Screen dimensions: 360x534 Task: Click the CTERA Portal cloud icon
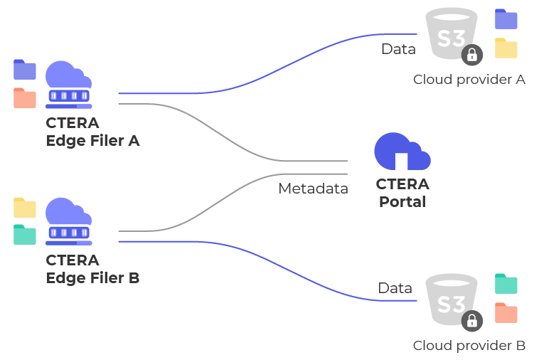coord(402,152)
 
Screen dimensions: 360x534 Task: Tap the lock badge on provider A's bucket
coord(471,55)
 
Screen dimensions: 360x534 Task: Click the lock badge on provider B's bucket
coord(471,321)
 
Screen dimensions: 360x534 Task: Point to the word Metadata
coord(313,189)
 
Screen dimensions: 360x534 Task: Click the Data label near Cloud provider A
coord(398,49)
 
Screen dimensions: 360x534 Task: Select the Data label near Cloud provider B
coord(395,288)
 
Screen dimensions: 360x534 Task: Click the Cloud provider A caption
coord(469,79)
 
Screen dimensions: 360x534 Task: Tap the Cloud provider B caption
coord(469,346)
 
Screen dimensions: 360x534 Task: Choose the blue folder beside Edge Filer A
coord(25,69)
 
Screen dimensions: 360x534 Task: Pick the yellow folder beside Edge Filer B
coord(25,207)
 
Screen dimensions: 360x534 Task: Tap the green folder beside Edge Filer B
coord(25,234)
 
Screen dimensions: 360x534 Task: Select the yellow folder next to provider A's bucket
coord(506,48)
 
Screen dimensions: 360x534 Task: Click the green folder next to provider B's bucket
coord(506,284)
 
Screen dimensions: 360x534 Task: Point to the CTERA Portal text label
coord(402,193)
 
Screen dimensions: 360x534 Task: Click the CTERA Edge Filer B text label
coord(92,269)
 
